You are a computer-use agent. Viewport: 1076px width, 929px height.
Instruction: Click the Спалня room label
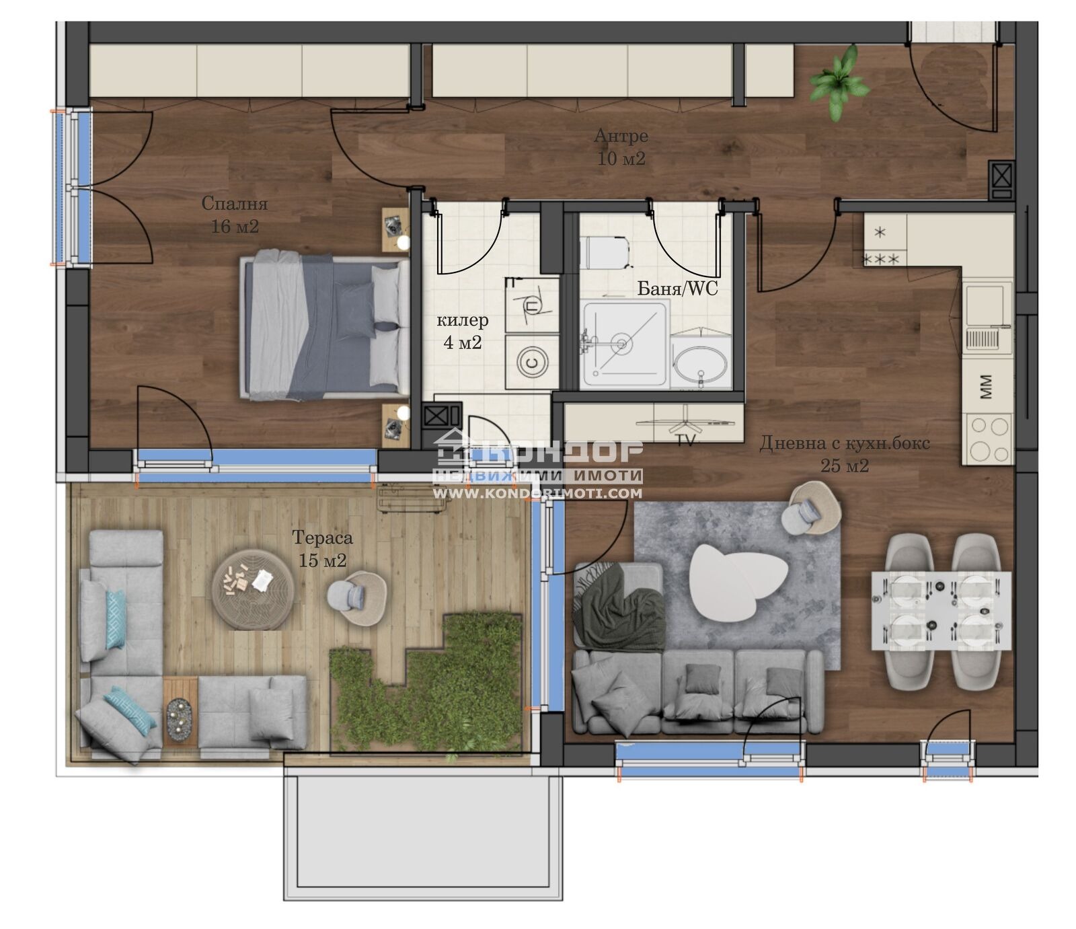click(235, 203)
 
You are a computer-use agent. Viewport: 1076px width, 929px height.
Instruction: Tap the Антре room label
click(621, 136)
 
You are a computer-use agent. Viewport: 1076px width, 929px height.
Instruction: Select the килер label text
click(463, 320)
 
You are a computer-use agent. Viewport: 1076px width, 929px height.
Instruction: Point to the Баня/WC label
click(677, 289)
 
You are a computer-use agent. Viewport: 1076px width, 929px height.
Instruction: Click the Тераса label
click(322, 537)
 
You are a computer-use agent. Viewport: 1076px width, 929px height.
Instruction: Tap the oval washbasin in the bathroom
click(700, 363)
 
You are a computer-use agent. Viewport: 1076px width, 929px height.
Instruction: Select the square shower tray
click(625, 344)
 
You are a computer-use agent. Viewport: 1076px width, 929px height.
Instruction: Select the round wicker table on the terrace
click(252, 589)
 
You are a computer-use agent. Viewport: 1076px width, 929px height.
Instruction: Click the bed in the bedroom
click(325, 327)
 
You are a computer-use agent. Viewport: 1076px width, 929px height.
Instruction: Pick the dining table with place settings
click(941, 610)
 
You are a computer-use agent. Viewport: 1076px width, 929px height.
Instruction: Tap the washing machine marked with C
click(531, 362)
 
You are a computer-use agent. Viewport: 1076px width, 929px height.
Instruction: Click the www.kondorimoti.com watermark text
click(537, 494)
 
